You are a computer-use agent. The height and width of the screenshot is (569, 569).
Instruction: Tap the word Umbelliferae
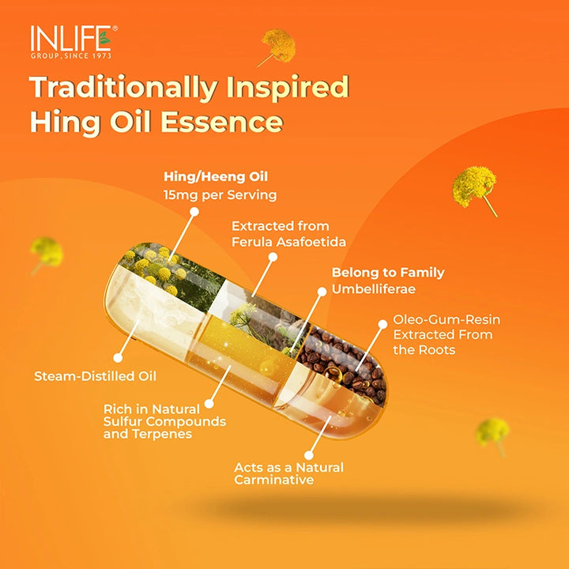pos(373,289)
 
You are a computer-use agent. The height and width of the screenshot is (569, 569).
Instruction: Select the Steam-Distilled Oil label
pos(95,376)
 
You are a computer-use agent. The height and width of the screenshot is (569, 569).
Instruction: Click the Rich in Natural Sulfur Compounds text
pos(164,421)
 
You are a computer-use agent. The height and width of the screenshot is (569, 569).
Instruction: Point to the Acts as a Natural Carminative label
pos(288,473)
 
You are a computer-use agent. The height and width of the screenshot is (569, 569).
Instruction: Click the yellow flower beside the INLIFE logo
pos(277,46)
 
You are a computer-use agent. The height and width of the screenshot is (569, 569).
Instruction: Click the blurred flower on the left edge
pos(45,253)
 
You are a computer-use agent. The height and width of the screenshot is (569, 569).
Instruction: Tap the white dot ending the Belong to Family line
pos(322,292)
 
